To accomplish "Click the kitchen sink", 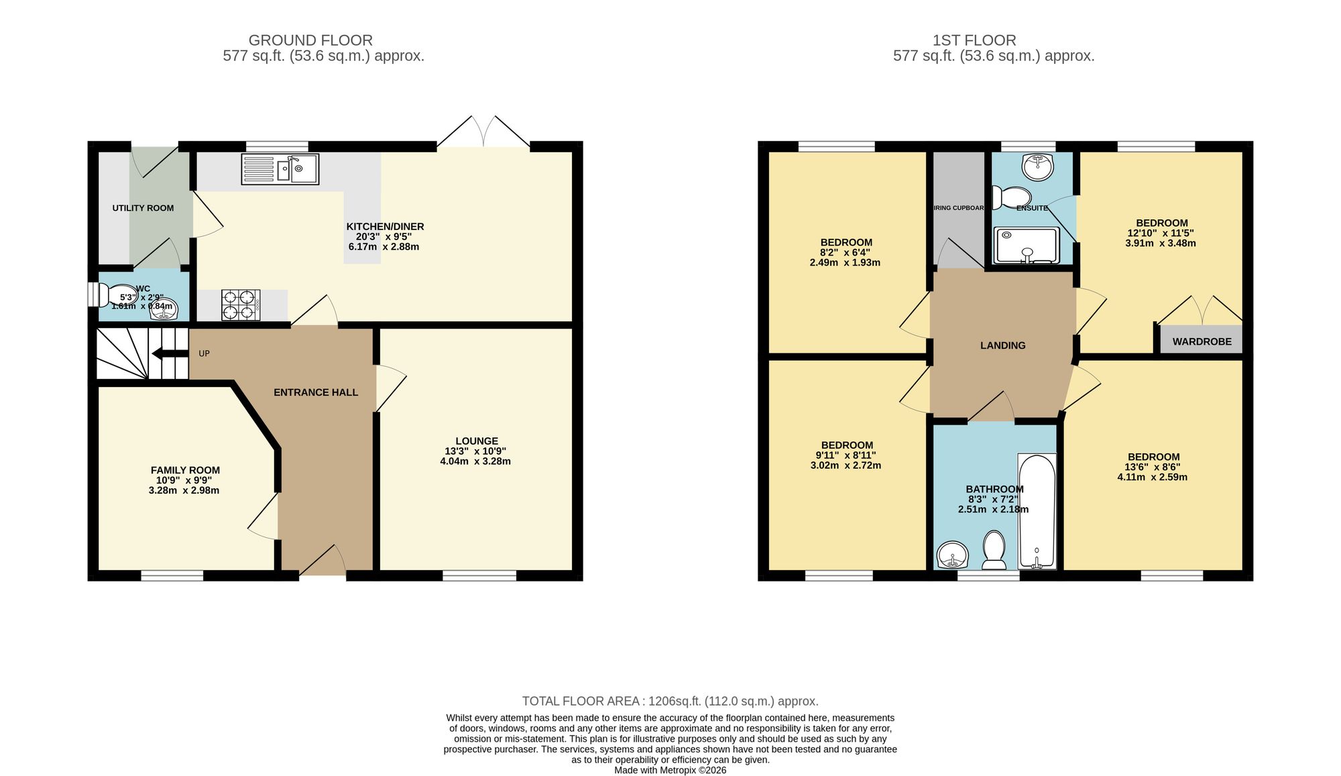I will (280, 169).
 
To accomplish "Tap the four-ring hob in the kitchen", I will (241, 304).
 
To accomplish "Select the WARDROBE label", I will (1202, 341).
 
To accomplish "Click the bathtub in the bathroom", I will (1037, 512).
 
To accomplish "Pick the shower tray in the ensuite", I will (1027, 245).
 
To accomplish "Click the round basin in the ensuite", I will (1038, 167).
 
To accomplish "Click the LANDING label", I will (1002, 345).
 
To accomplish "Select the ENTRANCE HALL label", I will (316, 392).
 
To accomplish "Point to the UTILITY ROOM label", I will (143, 208).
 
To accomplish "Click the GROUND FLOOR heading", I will (310, 40).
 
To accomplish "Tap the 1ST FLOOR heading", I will (974, 40).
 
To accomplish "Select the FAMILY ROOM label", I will (185, 470).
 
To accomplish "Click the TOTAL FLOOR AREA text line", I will (670, 701).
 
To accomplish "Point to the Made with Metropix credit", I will (670, 770).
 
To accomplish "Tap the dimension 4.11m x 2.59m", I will (1152, 478).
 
